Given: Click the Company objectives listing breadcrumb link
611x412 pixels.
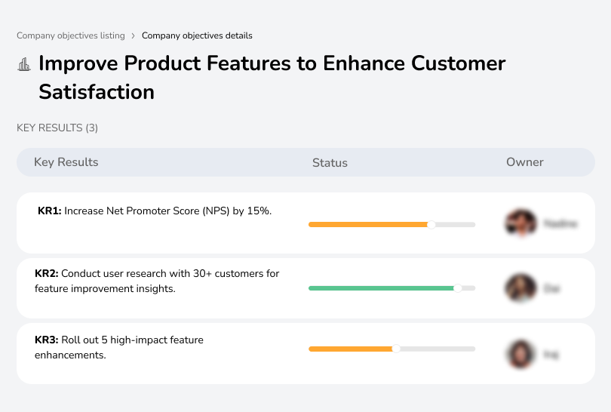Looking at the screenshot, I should click(72, 35).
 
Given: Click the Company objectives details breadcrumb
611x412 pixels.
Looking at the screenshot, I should click(197, 35).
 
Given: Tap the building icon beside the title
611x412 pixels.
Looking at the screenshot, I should click(24, 64).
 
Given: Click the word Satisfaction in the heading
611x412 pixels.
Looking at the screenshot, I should click(97, 92).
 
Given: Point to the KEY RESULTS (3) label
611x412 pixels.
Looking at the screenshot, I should click(57, 128).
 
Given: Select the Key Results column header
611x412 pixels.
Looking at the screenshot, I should click(66, 162).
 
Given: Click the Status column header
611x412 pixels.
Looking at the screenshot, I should click(330, 162).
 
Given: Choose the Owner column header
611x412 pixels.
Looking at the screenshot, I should click(525, 162).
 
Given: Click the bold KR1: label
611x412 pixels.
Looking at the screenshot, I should click(49, 211).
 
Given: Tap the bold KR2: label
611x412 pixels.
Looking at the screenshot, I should click(47, 274).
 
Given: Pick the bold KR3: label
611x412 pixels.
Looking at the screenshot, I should click(47, 340).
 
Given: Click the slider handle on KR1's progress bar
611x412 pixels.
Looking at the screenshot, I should click(431, 224).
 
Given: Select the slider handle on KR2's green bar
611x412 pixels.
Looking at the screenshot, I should click(457, 288).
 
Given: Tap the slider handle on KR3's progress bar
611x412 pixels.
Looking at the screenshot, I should click(396, 349).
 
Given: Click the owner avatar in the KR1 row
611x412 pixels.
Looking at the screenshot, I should click(520, 223).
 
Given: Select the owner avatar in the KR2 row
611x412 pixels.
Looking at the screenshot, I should click(520, 288).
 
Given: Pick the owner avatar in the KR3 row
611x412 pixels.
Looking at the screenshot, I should click(520, 353).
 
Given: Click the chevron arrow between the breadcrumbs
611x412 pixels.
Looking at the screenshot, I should click(133, 35).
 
